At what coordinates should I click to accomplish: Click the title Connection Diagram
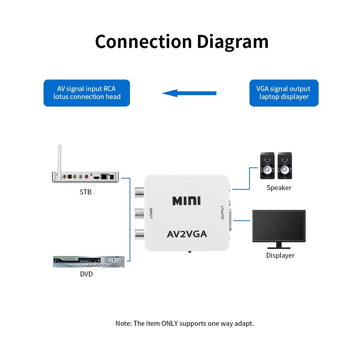click(182, 41)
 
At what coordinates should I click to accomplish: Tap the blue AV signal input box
click(87, 93)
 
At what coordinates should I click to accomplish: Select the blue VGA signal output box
click(284, 93)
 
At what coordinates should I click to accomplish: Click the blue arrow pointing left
click(189, 93)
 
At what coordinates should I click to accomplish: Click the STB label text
click(86, 192)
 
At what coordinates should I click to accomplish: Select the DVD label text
click(86, 274)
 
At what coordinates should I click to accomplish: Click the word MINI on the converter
click(186, 201)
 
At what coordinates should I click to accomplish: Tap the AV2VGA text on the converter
click(187, 234)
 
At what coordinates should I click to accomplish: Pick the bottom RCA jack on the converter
click(139, 235)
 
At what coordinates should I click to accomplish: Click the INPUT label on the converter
click(151, 213)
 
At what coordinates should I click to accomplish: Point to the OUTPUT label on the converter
click(222, 213)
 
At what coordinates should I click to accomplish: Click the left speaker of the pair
click(267, 166)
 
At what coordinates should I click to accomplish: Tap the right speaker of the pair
click(285, 166)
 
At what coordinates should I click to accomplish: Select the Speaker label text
click(279, 188)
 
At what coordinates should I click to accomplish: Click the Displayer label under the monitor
click(280, 256)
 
